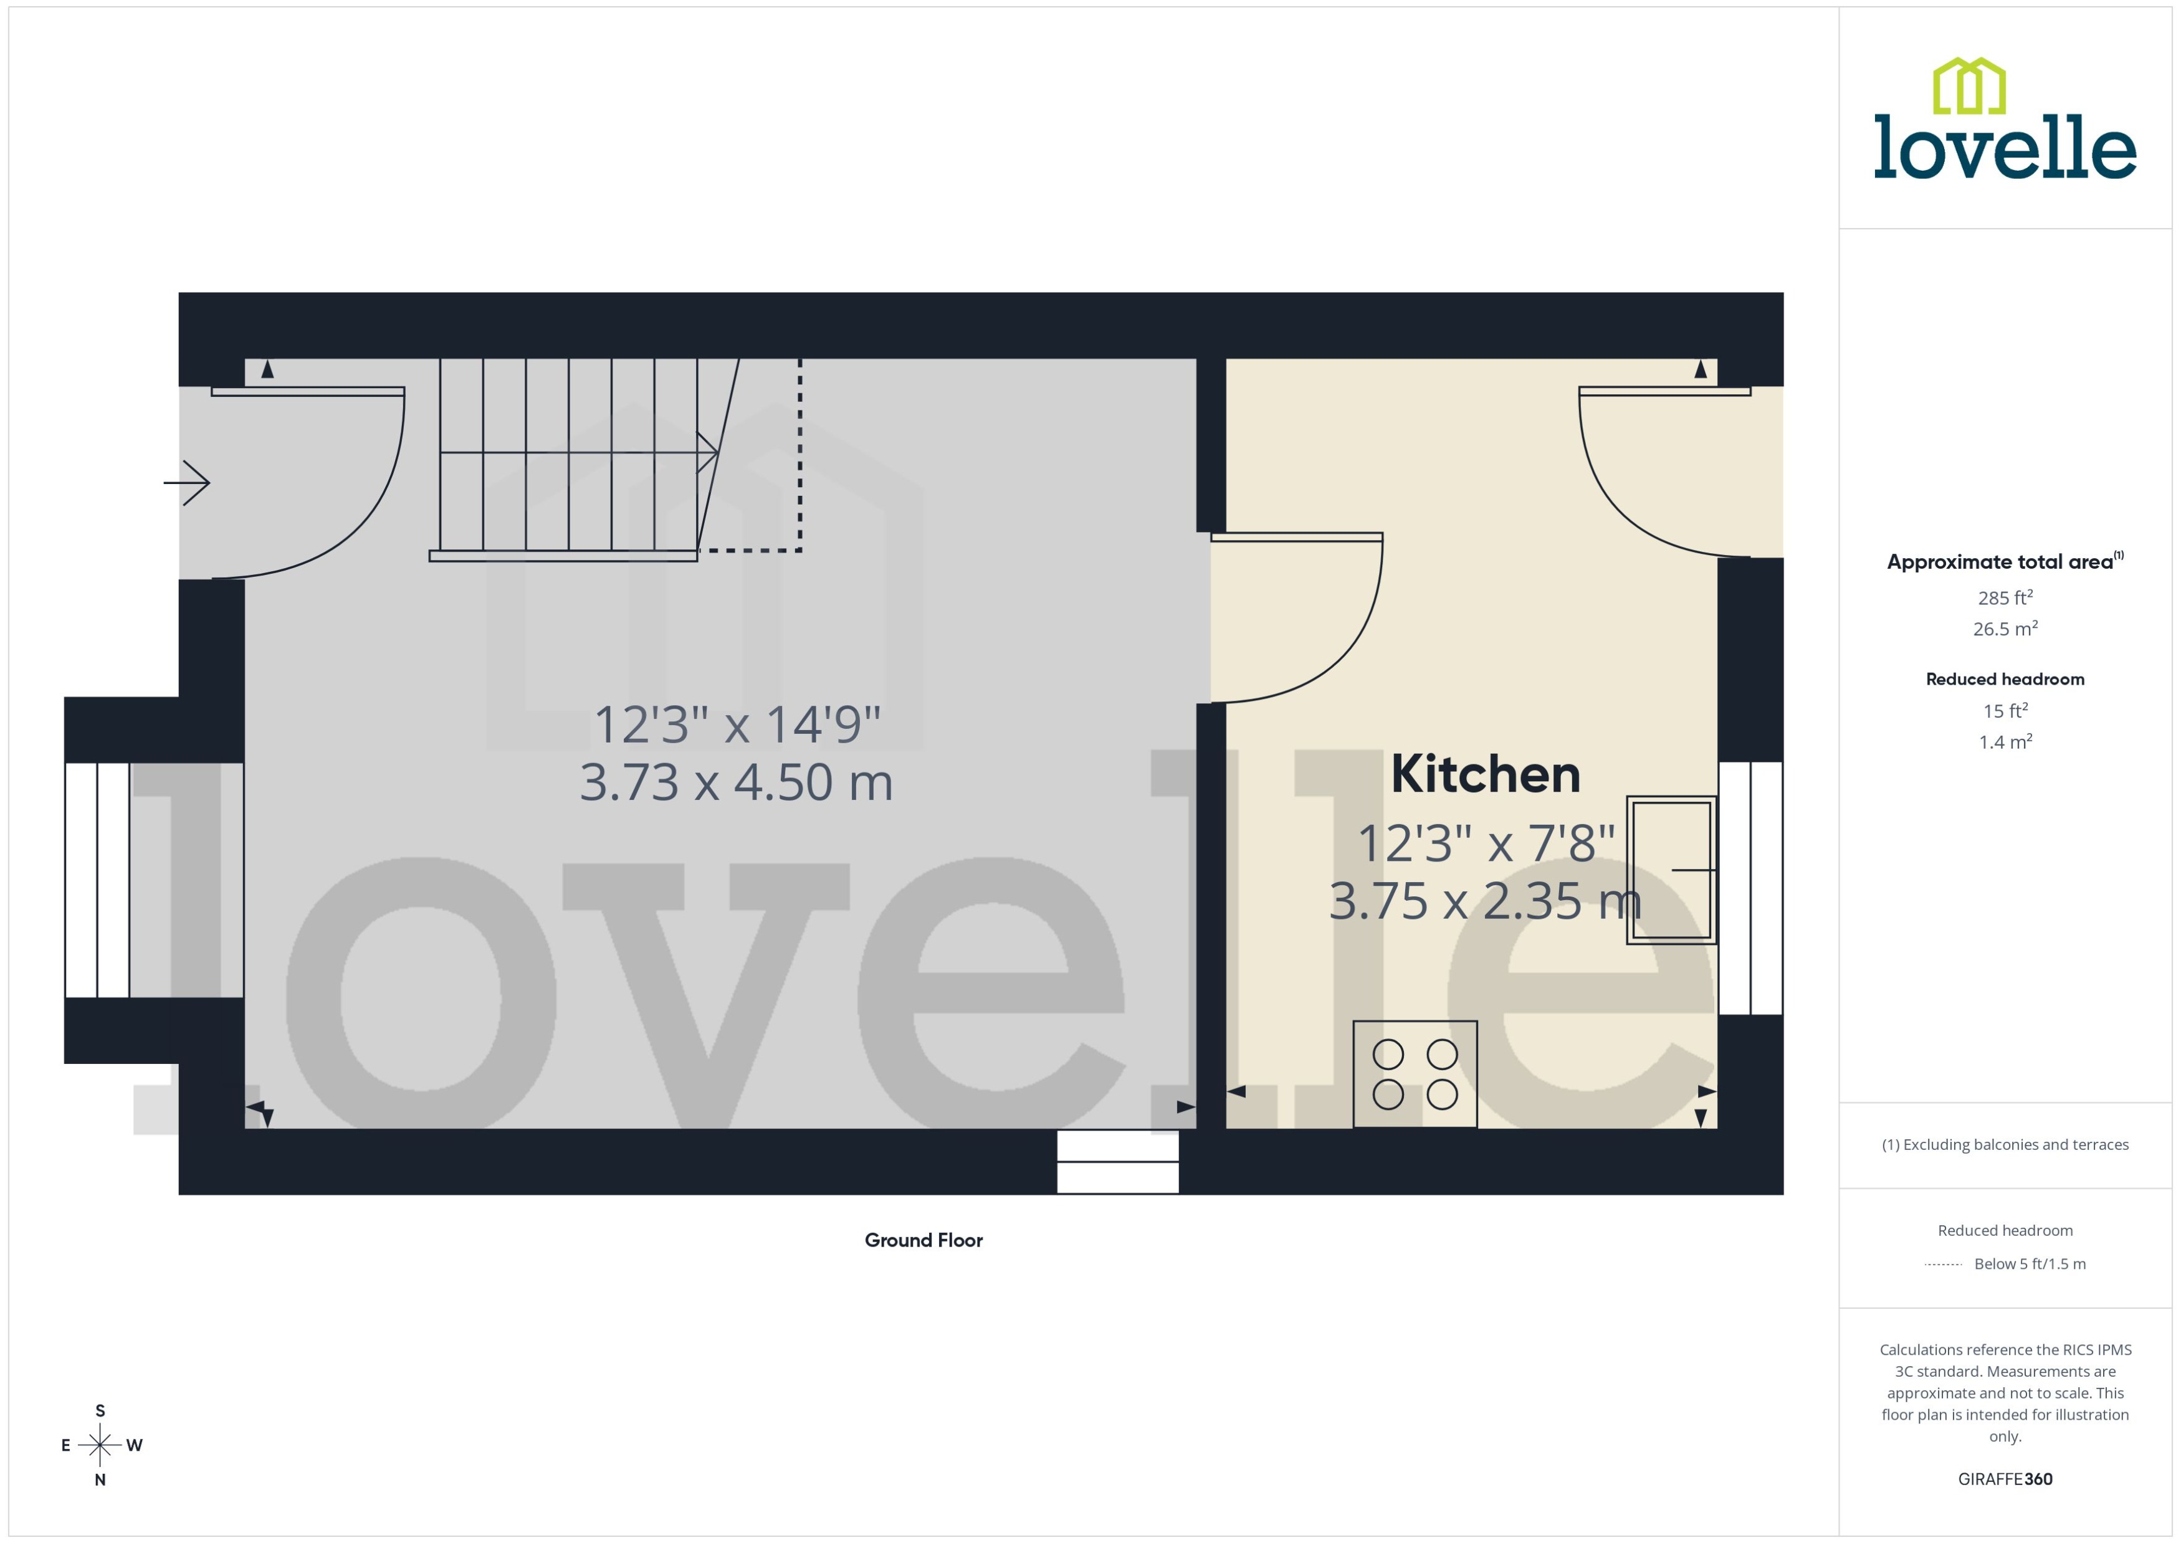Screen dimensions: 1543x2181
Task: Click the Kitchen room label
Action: (x=1484, y=774)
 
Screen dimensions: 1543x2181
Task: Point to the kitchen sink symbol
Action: (x=1670, y=870)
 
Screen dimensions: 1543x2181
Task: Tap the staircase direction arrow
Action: (x=707, y=453)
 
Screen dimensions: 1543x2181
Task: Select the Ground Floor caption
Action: (x=923, y=1240)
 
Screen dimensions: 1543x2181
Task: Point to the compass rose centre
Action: (x=100, y=1445)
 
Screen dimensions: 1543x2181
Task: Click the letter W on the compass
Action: (x=134, y=1445)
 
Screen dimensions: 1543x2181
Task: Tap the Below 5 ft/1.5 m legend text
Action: (x=2030, y=1264)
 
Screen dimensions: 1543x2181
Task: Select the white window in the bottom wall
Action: (x=1117, y=1162)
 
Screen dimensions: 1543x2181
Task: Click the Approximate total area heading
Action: (x=2000, y=561)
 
